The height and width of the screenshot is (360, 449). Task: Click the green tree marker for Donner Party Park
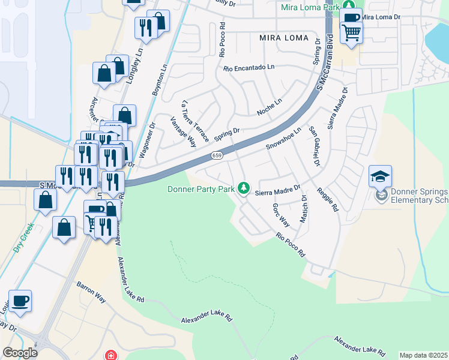click(244, 188)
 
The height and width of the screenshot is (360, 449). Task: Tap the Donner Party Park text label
click(200, 190)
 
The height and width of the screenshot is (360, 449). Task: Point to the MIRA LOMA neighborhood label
click(280, 37)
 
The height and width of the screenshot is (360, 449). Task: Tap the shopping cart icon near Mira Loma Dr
click(351, 32)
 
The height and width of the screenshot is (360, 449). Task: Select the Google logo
click(20, 353)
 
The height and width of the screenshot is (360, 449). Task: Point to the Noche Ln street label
click(269, 107)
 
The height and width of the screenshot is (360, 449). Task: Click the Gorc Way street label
click(281, 215)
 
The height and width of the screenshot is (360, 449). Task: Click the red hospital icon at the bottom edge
click(110, 356)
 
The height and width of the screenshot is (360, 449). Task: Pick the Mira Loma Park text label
click(310, 8)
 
